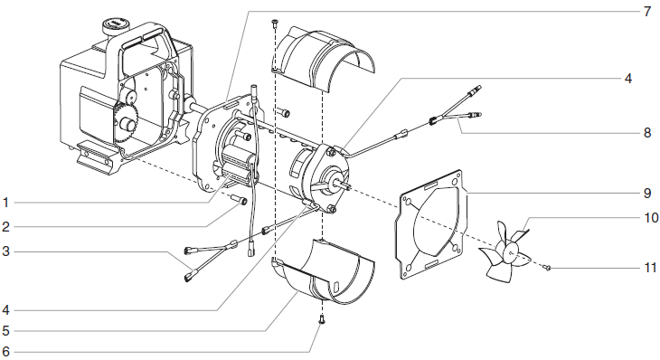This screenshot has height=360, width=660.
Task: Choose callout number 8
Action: click(x=646, y=131)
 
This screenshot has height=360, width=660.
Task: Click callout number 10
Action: click(x=646, y=218)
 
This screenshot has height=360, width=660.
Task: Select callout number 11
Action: click(x=646, y=269)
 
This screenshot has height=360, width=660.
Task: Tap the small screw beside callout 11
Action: click(x=549, y=268)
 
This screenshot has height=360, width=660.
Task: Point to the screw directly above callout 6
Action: click(x=321, y=318)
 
